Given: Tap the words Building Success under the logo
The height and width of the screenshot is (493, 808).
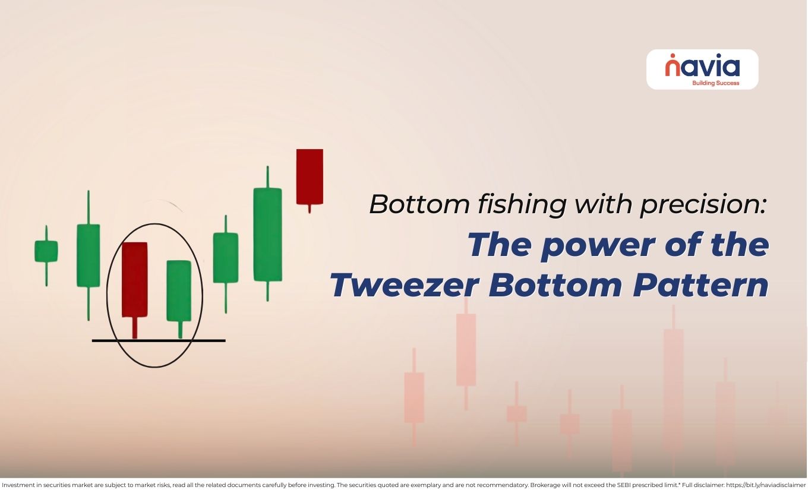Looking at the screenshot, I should point(716,83).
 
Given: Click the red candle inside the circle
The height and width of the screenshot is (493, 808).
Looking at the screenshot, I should point(134,279).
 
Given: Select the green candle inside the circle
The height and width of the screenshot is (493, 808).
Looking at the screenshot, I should point(179,290).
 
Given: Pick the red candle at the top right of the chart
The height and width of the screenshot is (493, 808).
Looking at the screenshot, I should point(310,176).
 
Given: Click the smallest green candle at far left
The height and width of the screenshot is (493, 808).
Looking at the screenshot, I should point(46,251).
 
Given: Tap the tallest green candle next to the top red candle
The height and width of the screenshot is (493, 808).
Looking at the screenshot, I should point(267,234).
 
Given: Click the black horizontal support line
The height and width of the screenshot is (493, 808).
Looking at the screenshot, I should point(159,340).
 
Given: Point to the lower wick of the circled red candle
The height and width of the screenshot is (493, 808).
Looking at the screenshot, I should point(135,328).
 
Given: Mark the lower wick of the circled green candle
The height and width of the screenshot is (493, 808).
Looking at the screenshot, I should point(180,330).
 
